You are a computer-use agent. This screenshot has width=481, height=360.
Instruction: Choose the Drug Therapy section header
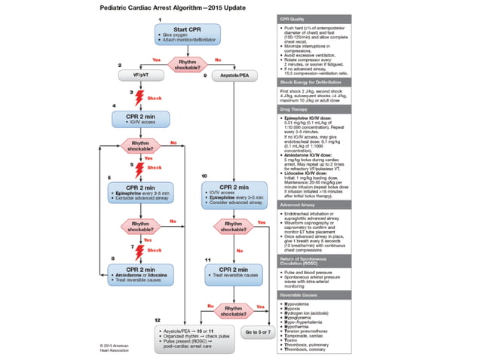point(295,108)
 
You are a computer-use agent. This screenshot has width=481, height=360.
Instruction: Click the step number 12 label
point(158,321)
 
